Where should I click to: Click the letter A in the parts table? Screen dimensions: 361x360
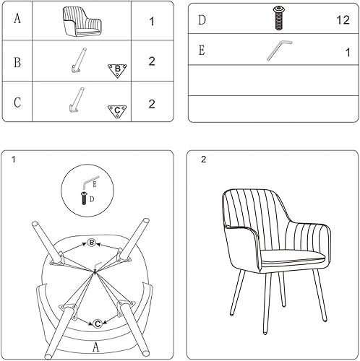coord(17,20)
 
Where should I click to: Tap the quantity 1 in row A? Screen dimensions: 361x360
coord(152,22)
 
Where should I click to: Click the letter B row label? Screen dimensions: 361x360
coord(17,61)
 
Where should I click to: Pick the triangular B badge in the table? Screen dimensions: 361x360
coord(114,69)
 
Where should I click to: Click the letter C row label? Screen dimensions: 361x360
coord(17,103)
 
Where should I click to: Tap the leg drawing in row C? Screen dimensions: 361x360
coord(76,102)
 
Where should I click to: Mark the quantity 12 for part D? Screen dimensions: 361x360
coord(343,20)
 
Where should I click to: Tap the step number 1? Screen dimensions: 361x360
coord(14,160)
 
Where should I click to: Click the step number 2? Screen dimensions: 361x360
coord(203,160)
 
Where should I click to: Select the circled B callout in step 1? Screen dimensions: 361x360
coord(93,242)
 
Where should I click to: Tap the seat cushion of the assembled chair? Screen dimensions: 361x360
coord(289,258)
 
